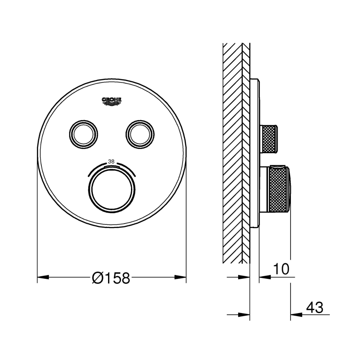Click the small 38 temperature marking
point(111,161)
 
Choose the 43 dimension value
point(315,308)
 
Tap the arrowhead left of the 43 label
point(296,315)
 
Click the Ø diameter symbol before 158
point(97,278)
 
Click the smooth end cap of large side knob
point(293,189)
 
